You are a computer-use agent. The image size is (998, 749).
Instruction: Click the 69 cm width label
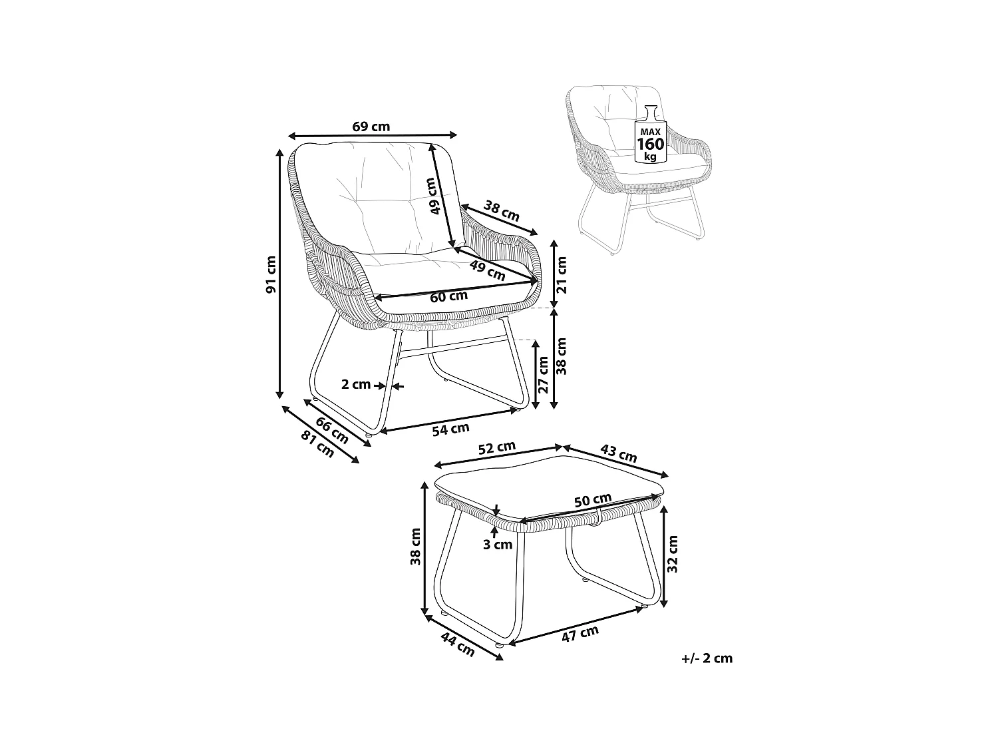coord(371,126)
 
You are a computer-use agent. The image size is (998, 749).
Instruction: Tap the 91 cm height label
coord(271,275)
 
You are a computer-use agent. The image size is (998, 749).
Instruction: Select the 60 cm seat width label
coord(448,296)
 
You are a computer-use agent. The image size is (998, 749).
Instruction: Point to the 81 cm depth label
coord(317,444)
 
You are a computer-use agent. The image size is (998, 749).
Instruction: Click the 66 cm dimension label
coord(332,431)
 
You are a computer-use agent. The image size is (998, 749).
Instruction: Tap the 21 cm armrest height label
coord(562,275)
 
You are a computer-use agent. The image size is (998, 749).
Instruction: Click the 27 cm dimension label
coord(544,375)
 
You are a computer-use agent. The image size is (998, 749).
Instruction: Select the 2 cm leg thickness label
coord(356,385)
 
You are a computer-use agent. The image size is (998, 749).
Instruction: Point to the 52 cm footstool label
coord(497,448)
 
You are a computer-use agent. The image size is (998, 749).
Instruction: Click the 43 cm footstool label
coord(619,453)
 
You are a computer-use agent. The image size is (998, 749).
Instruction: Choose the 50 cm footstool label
coord(593,500)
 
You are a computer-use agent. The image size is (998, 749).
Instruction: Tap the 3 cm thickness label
coord(498,545)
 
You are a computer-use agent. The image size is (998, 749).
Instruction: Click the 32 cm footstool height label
coord(673,553)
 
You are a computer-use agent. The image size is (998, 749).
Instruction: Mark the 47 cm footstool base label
coord(581,634)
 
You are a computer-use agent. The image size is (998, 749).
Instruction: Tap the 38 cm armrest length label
coord(501,211)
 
